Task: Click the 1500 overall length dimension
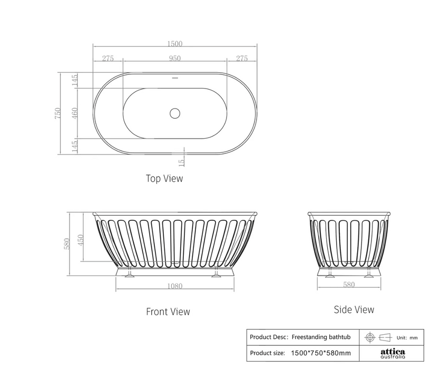(x=175, y=44)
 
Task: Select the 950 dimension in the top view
(x=175, y=59)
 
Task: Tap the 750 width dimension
(x=57, y=113)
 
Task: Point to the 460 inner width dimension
(x=75, y=113)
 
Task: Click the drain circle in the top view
(x=175, y=113)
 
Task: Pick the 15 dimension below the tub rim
(x=182, y=163)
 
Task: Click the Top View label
(x=164, y=178)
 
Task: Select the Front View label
(x=168, y=312)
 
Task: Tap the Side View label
(x=354, y=309)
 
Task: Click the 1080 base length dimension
(x=175, y=286)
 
